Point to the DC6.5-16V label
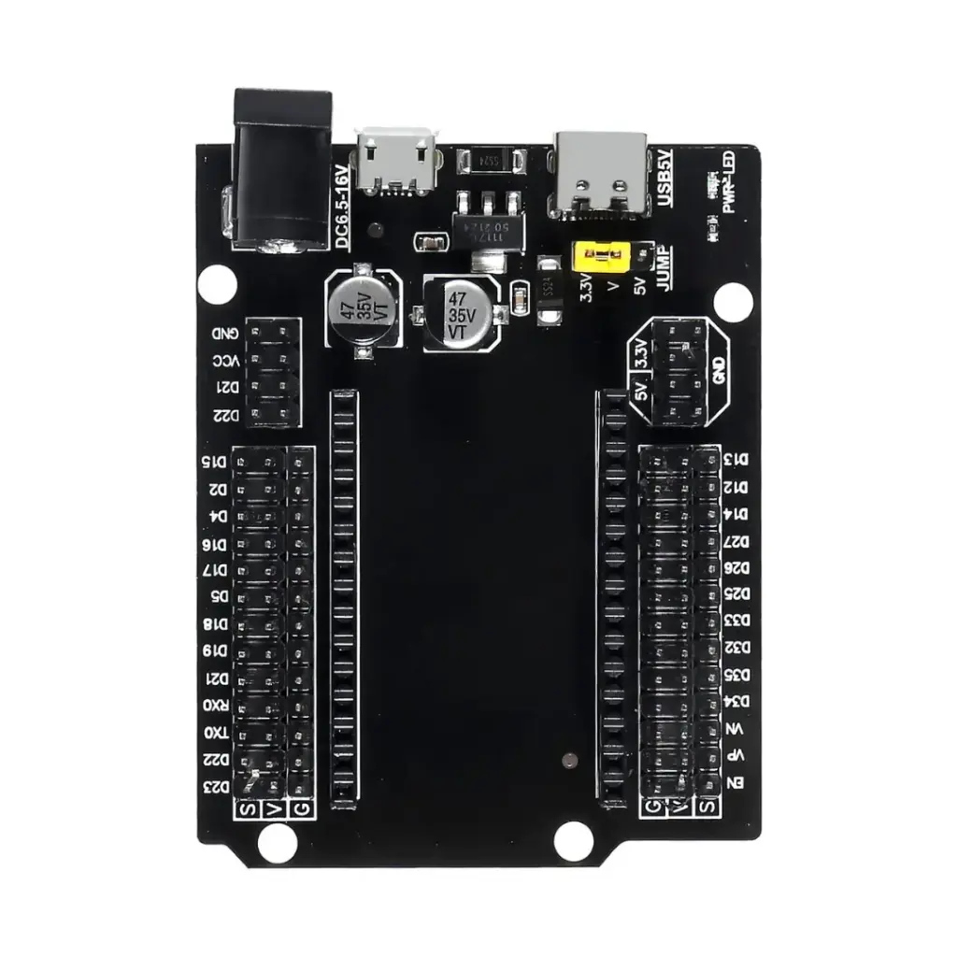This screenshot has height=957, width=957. coord(342,207)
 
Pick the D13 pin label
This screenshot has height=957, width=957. coord(738,460)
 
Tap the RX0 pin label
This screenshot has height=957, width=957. coord(215,705)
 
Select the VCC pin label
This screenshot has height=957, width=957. coord(225,361)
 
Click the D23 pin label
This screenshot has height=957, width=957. coord(215,787)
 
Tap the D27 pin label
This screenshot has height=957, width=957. coord(738,540)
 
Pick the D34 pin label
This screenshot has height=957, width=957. coord(738,701)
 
